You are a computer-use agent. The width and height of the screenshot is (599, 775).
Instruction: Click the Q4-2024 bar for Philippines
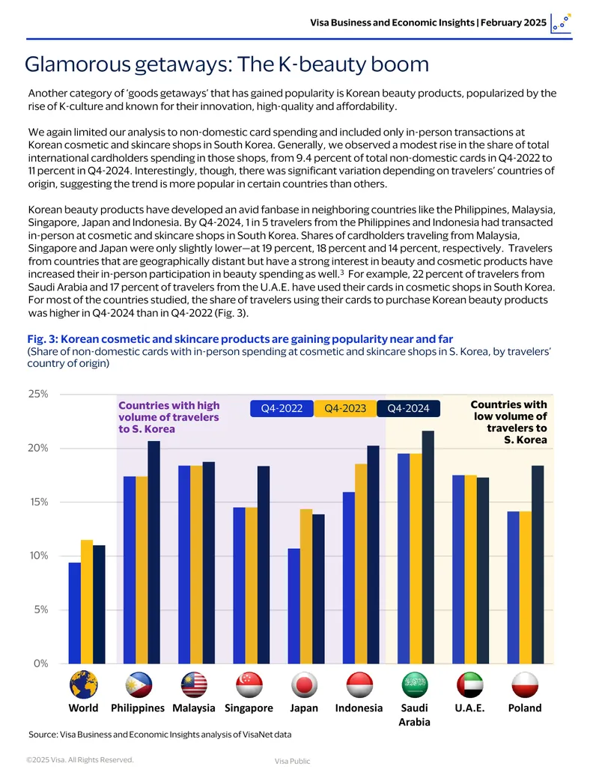[153, 552]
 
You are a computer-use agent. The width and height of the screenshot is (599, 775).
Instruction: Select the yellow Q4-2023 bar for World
[87, 601]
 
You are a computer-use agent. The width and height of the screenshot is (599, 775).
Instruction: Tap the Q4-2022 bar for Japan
[294, 606]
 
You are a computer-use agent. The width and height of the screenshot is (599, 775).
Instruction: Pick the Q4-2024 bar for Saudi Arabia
[428, 547]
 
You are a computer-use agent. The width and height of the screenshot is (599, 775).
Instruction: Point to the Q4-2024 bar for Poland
[538, 565]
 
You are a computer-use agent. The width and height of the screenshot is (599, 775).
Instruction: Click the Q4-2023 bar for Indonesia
[361, 563]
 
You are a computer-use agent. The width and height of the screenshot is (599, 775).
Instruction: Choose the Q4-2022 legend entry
[282, 408]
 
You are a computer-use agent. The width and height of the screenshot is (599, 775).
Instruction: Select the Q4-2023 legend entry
[345, 408]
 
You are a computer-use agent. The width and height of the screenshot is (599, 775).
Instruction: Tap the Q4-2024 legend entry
[408, 408]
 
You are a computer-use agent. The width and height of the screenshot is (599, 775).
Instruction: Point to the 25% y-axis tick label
[38, 394]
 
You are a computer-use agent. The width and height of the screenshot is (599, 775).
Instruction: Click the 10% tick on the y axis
[38, 556]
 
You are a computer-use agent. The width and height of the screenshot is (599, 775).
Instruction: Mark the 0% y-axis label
[41, 663]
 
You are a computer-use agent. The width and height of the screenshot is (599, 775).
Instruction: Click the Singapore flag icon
[249, 684]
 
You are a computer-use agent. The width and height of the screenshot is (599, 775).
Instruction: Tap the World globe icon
[84, 684]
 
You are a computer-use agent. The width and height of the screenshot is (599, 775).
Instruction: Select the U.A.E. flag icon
[469, 684]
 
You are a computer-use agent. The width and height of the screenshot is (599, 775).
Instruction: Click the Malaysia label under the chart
[194, 708]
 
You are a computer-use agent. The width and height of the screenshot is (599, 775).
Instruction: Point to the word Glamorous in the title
[77, 64]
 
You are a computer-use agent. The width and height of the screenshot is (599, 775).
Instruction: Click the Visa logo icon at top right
[561, 24]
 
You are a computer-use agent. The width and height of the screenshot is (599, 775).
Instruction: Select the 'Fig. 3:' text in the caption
[43, 339]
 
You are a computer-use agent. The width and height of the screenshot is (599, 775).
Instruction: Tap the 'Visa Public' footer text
[293, 762]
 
